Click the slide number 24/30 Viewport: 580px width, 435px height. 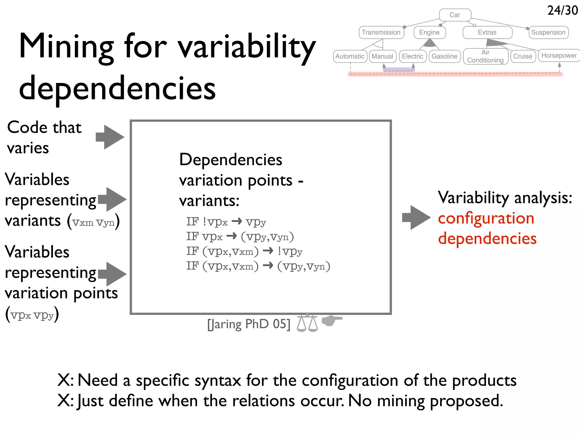562,10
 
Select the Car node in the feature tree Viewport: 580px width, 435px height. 455,15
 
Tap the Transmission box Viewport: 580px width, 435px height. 381,32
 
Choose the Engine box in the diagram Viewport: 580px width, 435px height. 429,32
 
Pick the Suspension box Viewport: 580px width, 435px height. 548,32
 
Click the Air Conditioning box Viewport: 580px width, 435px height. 485,56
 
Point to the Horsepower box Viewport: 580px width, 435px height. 559,56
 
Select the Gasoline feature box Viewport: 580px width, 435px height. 444,56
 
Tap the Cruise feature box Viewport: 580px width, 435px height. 523,56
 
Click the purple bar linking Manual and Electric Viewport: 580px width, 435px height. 398,69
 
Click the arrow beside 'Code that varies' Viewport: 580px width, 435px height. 110,137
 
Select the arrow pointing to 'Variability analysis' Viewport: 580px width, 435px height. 416,217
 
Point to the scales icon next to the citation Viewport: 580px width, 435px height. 307,323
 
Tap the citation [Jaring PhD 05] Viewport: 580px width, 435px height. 249,324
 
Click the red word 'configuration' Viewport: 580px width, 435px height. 486,218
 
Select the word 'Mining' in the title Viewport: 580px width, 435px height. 66,47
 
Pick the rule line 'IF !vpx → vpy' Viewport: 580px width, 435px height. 226,222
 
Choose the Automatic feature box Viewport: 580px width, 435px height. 350,56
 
